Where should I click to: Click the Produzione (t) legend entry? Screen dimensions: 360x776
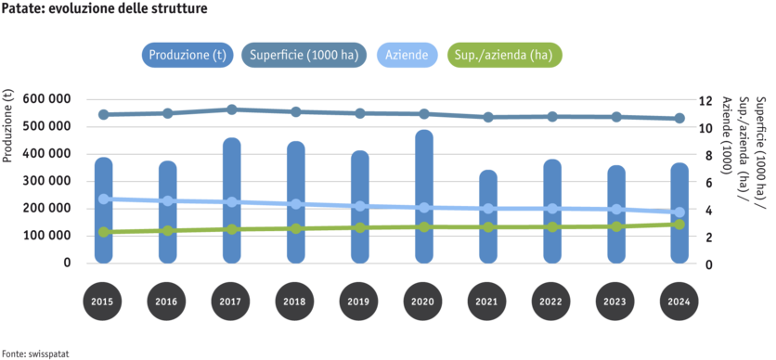click(x=188, y=55)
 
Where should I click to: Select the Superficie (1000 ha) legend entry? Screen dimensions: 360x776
click(x=302, y=55)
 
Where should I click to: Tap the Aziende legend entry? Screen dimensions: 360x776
click(x=407, y=55)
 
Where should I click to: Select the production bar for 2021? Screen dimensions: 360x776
click(x=487, y=217)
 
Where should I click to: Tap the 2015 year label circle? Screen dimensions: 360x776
click(x=103, y=302)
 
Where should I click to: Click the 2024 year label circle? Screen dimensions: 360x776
click(x=679, y=302)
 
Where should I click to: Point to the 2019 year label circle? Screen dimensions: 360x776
click(x=359, y=302)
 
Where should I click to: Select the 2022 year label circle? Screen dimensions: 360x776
click(x=551, y=302)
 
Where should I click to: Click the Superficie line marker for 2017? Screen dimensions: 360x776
click(x=231, y=109)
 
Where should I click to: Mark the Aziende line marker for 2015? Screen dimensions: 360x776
click(x=103, y=199)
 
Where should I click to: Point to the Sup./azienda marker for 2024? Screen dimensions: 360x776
click(x=679, y=224)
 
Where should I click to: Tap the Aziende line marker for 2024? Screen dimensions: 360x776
click(x=679, y=212)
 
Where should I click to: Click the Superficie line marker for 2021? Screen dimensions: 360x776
click(x=487, y=117)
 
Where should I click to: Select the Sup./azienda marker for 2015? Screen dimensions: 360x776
click(x=103, y=232)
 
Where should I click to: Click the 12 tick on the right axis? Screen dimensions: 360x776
click(x=705, y=98)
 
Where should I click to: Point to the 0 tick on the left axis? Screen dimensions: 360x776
click(x=67, y=264)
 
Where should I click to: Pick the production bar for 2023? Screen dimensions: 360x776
click(x=615, y=214)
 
